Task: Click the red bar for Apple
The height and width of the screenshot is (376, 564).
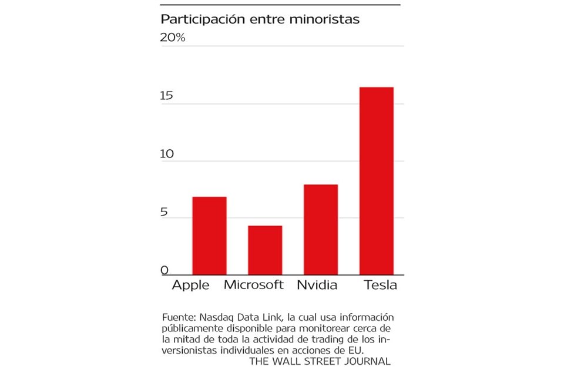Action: pyautogui.click(x=209, y=236)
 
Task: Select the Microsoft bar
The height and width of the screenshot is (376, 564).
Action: pyautogui.click(x=264, y=250)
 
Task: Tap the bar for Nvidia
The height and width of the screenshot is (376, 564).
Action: pyautogui.click(x=320, y=229)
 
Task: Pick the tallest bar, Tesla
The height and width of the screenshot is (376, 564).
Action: pyautogui.click(x=376, y=180)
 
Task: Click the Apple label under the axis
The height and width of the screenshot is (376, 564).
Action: pyautogui.click(x=190, y=286)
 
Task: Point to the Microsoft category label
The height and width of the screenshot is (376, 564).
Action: pyautogui.click(x=254, y=286)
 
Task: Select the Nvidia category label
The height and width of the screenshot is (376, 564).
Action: pyautogui.click(x=317, y=286)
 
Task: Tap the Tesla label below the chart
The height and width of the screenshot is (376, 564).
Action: pyautogui.click(x=380, y=286)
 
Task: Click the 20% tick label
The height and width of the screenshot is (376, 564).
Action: pyautogui.click(x=173, y=38)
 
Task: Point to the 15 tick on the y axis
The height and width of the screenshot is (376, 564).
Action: pyautogui.click(x=167, y=96)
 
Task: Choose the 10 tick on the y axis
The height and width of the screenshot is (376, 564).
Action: pyautogui.click(x=167, y=154)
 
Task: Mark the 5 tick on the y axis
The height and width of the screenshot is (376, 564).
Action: pyautogui.click(x=164, y=212)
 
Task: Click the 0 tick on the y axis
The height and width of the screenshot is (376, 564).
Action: pyautogui.click(x=164, y=270)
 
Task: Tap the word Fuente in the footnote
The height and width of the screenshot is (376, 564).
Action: pyautogui.click(x=177, y=317)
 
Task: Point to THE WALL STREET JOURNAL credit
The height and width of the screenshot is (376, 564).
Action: pyautogui.click(x=320, y=361)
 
